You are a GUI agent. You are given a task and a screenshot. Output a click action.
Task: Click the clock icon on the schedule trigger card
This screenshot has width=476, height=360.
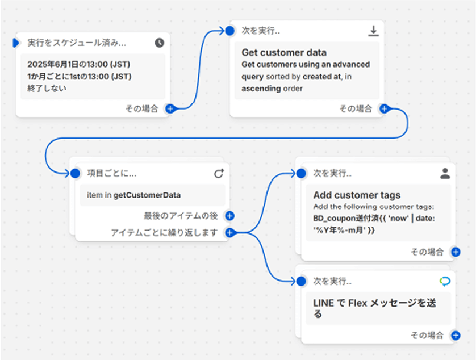click(x=160, y=43)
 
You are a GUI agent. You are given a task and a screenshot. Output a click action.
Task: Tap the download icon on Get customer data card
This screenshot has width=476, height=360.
click(x=373, y=31)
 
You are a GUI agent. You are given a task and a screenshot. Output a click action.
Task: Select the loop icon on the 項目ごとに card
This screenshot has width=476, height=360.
click(x=219, y=173)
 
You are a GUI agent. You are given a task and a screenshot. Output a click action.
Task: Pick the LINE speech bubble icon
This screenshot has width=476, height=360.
click(x=445, y=281)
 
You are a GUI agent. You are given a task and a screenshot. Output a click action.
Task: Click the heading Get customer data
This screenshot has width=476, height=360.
click(x=285, y=53)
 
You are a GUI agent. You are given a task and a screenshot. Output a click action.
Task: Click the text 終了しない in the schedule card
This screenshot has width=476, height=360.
click(x=47, y=88)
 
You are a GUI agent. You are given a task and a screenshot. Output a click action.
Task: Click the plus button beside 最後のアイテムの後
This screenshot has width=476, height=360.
click(x=229, y=216)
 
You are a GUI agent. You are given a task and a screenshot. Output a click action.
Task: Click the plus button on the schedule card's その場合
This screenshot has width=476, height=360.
click(x=169, y=108)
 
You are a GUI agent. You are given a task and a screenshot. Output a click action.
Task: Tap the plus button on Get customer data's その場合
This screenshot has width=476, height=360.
click(x=384, y=108)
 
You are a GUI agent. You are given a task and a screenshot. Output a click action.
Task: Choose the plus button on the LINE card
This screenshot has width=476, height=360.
click(x=455, y=336)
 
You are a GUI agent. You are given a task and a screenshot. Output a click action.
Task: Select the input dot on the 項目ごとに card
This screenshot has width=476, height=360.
click(x=75, y=173)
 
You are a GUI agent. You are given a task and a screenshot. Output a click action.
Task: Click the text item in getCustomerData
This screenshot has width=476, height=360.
click(x=133, y=195)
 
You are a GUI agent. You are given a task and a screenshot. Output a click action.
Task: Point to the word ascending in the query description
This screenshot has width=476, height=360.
click(x=261, y=89)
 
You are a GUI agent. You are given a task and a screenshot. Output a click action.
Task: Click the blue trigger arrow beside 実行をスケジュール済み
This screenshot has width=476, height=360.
click(x=16, y=43)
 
